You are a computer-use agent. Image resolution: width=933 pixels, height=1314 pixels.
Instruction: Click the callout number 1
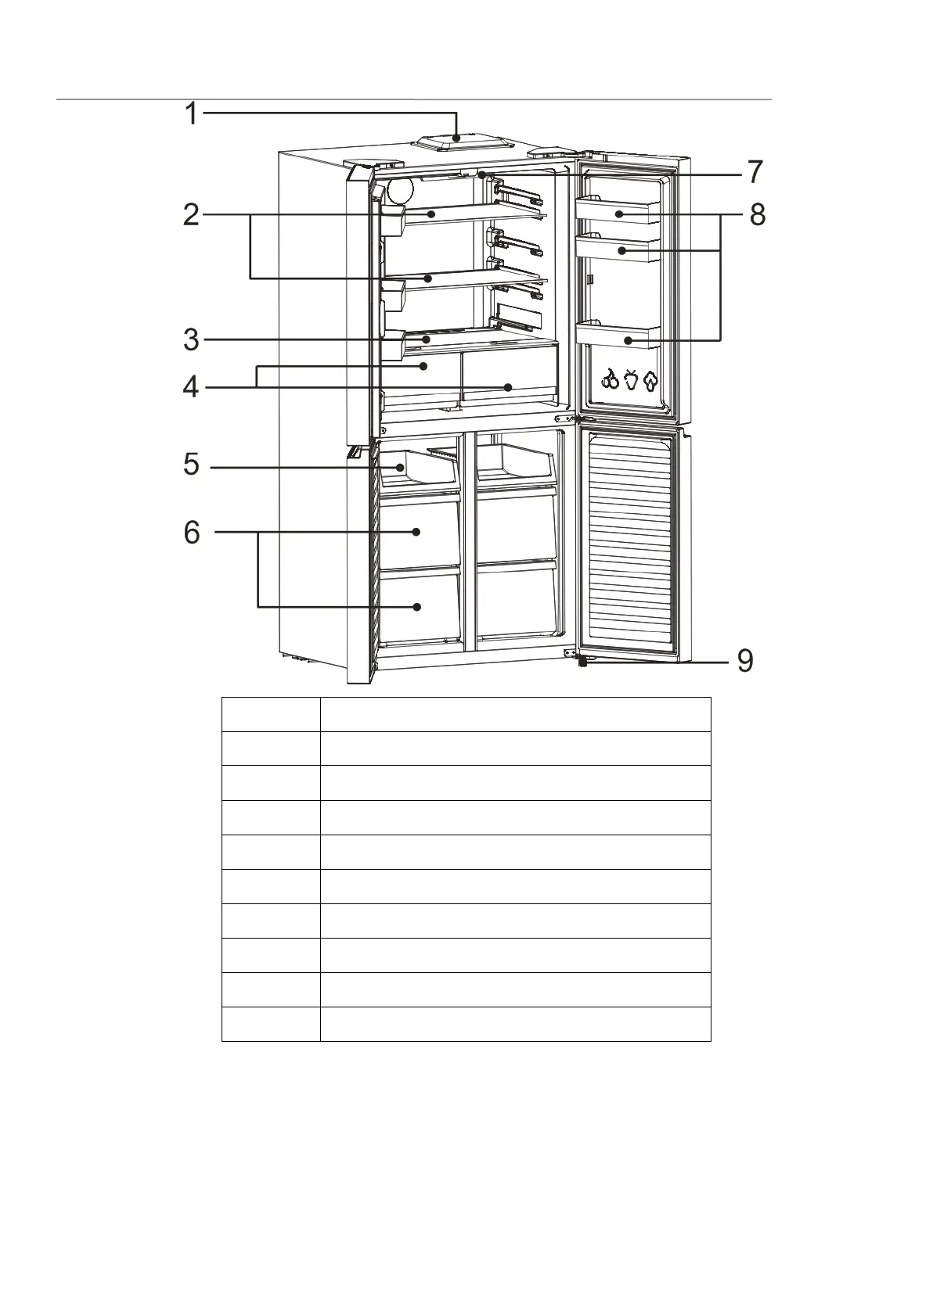192,113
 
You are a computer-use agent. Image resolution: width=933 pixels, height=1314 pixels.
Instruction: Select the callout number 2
192,214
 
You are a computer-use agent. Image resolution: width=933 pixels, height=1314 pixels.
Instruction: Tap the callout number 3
192,340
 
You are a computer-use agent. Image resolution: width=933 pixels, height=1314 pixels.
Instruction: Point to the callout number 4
192,387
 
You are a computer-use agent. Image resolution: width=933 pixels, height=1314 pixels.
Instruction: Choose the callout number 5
192,465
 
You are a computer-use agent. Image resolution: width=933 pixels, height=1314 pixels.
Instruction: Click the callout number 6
192,533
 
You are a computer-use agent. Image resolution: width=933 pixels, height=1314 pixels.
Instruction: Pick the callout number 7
754,172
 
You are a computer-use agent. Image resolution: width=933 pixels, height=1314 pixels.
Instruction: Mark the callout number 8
757,214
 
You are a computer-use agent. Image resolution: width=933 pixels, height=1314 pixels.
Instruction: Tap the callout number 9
744,661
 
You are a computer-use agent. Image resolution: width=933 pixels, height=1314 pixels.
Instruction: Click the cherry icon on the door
611,381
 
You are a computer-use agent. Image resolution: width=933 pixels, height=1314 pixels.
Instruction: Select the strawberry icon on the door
631,381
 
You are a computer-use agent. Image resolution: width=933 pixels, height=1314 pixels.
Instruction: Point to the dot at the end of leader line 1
456,138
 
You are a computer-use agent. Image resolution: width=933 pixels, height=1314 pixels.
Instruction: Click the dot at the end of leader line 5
401,468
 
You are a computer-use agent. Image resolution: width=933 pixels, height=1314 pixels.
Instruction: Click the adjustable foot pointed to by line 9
583,662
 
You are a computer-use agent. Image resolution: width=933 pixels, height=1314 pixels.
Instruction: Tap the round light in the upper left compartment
399,191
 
